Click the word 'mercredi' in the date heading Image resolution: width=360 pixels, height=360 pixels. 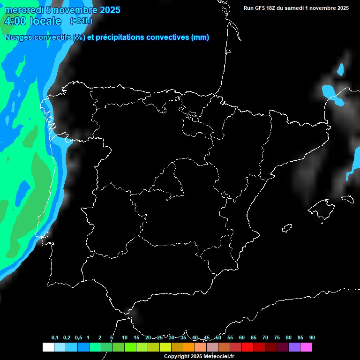tap(23, 10)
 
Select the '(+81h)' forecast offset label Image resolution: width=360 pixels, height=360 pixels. tap(81, 21)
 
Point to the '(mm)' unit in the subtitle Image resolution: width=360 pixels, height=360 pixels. tap(200, 37)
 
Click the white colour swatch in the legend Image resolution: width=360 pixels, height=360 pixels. tap(48, 347)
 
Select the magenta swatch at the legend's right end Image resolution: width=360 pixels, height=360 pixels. tap(306, 347)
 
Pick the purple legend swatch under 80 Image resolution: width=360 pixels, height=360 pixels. tap(294, 347)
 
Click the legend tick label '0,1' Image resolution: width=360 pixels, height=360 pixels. tap(55, 338)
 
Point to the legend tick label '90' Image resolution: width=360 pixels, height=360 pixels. tap(312, 338)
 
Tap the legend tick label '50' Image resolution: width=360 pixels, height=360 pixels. tap(218, 338)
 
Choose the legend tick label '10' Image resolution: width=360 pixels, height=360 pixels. tap(125, 338)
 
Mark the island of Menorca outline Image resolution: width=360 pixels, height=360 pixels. tap(347, 199)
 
